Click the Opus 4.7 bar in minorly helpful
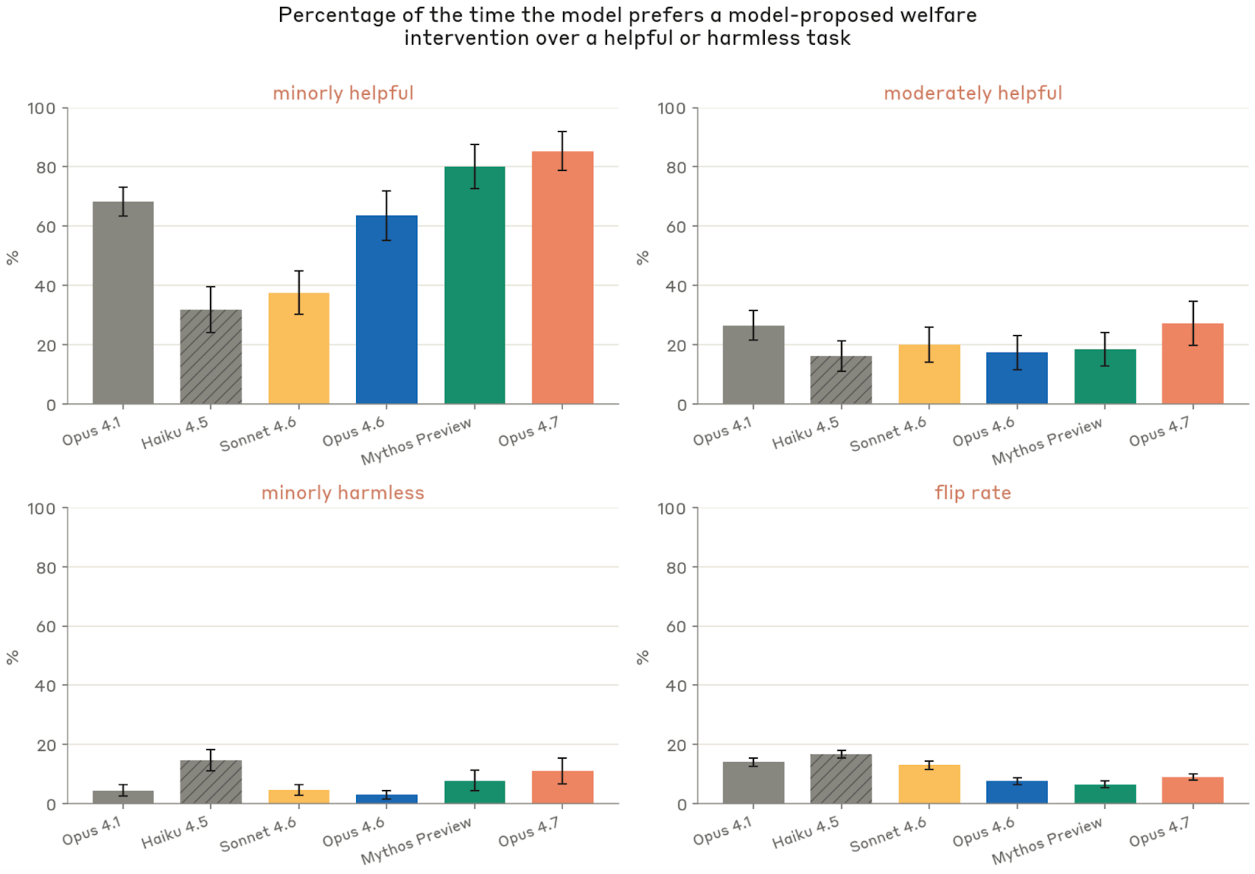(x=562, y=279)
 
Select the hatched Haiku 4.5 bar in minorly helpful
(x=211, y=358)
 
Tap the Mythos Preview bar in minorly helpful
(x=475, y=286)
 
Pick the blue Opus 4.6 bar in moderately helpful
(x=1017, y=379)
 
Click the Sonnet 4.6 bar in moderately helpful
(x=929, y=375)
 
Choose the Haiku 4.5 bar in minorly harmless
(x=211, y=782)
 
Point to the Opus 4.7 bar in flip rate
(x=1192, y=791)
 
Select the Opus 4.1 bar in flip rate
(x=753, y=783)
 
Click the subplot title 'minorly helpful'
(x=343, y=93)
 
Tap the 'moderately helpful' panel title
(x=973, y=93)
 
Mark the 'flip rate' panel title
(x=973, y=493)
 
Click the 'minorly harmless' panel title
(x=343, y=493)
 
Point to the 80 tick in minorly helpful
(x=46, y=167)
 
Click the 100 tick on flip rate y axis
(x=671, y=508)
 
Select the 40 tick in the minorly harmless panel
(x=46, y=686)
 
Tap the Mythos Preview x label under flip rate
(x=1047, y=840)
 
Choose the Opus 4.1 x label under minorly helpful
(x=92, y=432)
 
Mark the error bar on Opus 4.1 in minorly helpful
(x=123, y=201)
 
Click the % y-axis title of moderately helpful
(x=642, y=257)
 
